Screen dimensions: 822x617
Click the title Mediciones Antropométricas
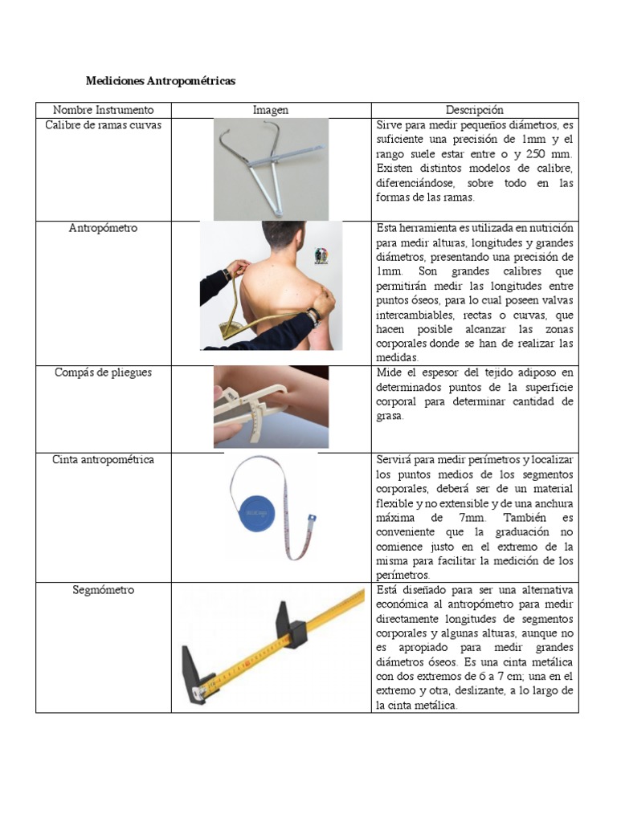tap(161, 82)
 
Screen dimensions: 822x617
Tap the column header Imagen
tap(271, 110)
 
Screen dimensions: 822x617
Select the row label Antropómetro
tap(103, 228)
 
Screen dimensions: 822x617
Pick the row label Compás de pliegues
tap(103, 372)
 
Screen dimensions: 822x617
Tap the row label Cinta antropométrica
tap(103, 460)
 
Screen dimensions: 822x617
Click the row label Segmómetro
tap(103, 590)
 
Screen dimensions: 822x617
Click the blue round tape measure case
tap(263, 509)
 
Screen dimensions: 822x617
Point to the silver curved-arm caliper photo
tap(270, 168)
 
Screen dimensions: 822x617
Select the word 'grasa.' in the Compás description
tap(391, 417)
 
